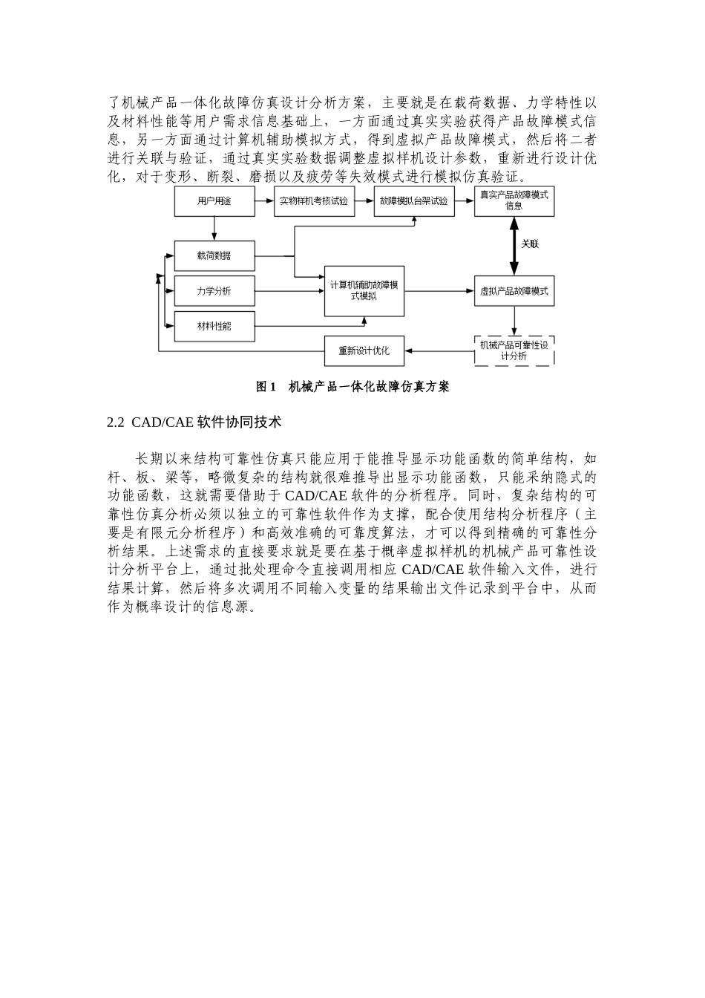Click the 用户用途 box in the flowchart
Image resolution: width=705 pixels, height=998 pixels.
(x=214, y=201)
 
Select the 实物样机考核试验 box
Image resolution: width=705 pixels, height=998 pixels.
(x=314, y=201)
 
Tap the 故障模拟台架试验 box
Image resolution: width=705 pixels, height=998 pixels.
(x=414, y=201)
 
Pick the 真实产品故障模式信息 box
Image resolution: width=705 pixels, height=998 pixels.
(x=514, y=201)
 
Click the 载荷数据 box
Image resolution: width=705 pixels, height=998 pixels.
(x=214, y=255)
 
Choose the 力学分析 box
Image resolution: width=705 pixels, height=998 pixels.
(x=214, y=291)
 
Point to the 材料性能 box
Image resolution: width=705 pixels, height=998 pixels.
(x=214, y=326)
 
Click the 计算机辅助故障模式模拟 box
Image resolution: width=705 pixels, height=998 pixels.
(x=364, y=291)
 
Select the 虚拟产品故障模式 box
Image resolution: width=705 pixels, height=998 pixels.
(x=514, y=291)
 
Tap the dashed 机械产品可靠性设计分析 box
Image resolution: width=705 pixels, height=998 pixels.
(x=514, y=350)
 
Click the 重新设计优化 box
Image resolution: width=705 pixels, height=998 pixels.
(x=364, y=350)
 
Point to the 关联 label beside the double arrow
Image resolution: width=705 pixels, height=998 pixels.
(x=530, y=244)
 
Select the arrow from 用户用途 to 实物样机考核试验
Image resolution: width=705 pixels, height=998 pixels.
(x=264, y=201)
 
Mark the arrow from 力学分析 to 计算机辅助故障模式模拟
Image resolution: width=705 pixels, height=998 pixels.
(x=289, y=291)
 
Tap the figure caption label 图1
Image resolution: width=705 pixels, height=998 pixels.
(x=266, y=387)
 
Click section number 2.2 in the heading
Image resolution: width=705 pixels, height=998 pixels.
(x=116, y=423)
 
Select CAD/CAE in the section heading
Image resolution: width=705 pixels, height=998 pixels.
(x=163, y=423)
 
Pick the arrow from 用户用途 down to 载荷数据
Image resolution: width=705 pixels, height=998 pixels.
(x=214, y=229)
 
